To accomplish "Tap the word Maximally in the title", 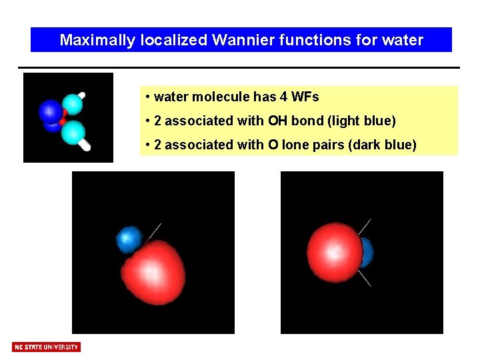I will click(98, 40).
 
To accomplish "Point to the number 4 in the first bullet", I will click(284, 97).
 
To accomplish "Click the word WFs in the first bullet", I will click(305, 97).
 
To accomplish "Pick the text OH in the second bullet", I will click(277, 121).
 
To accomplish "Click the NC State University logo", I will click(46, 347).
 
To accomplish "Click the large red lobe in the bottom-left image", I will click(155, 271).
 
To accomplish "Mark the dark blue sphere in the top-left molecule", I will click(50, 111).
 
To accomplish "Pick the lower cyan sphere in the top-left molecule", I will click(73, 132).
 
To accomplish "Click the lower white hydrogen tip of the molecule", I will click(85, 145).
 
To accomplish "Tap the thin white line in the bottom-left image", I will click(154, 231).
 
